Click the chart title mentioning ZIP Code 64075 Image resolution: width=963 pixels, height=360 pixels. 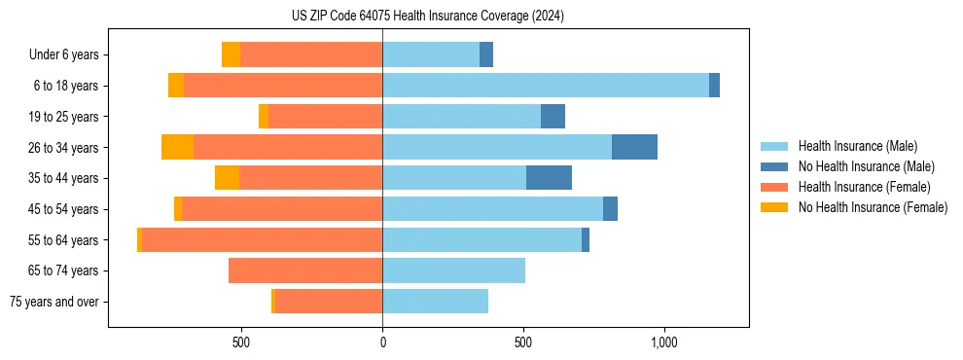tap(427, 16)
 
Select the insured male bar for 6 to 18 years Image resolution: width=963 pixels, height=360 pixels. tap(545, 86)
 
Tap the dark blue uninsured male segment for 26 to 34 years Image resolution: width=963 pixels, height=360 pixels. tap(634, 147)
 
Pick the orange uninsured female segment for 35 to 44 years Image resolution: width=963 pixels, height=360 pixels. tap(227, 178)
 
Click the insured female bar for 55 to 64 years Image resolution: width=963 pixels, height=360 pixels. tap(262, 239)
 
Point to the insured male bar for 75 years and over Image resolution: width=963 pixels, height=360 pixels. tap(435, 302)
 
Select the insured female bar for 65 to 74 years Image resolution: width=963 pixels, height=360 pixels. tap(305, 270)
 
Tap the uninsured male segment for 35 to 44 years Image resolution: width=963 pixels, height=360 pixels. tap(549, 178)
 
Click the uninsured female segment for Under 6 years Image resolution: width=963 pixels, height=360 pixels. tap(231, 54)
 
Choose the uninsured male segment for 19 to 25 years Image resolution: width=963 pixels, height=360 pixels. tap(553, 117)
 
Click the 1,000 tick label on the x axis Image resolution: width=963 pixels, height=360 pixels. tap(663, 343)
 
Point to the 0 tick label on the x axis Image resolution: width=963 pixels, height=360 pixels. tap(382, 343)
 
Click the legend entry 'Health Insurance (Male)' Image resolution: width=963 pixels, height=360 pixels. tap(857, 146)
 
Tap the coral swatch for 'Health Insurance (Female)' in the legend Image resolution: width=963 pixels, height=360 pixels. tap(774, 187)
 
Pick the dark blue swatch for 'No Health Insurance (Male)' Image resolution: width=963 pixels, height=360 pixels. tap(774, 166)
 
